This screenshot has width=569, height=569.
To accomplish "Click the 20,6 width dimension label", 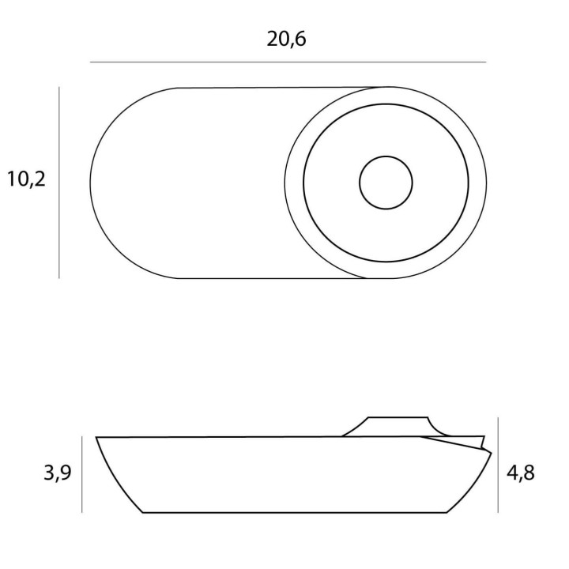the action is point(286,39).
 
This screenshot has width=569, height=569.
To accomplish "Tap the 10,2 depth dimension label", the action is point(27,179).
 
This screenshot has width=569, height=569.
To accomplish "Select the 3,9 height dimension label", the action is point(58,473).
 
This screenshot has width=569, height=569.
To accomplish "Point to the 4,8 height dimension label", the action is point(520,473).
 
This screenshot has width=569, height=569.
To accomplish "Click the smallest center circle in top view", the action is point(386,156).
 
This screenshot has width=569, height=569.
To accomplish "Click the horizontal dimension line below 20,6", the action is point(288,62).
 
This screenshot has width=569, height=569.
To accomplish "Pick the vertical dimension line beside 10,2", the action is point(59,183).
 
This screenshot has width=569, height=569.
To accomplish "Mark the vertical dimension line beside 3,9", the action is point(82,475).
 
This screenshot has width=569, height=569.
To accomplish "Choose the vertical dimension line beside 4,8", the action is point(498,465).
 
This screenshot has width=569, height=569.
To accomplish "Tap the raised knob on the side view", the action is point(398,427).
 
